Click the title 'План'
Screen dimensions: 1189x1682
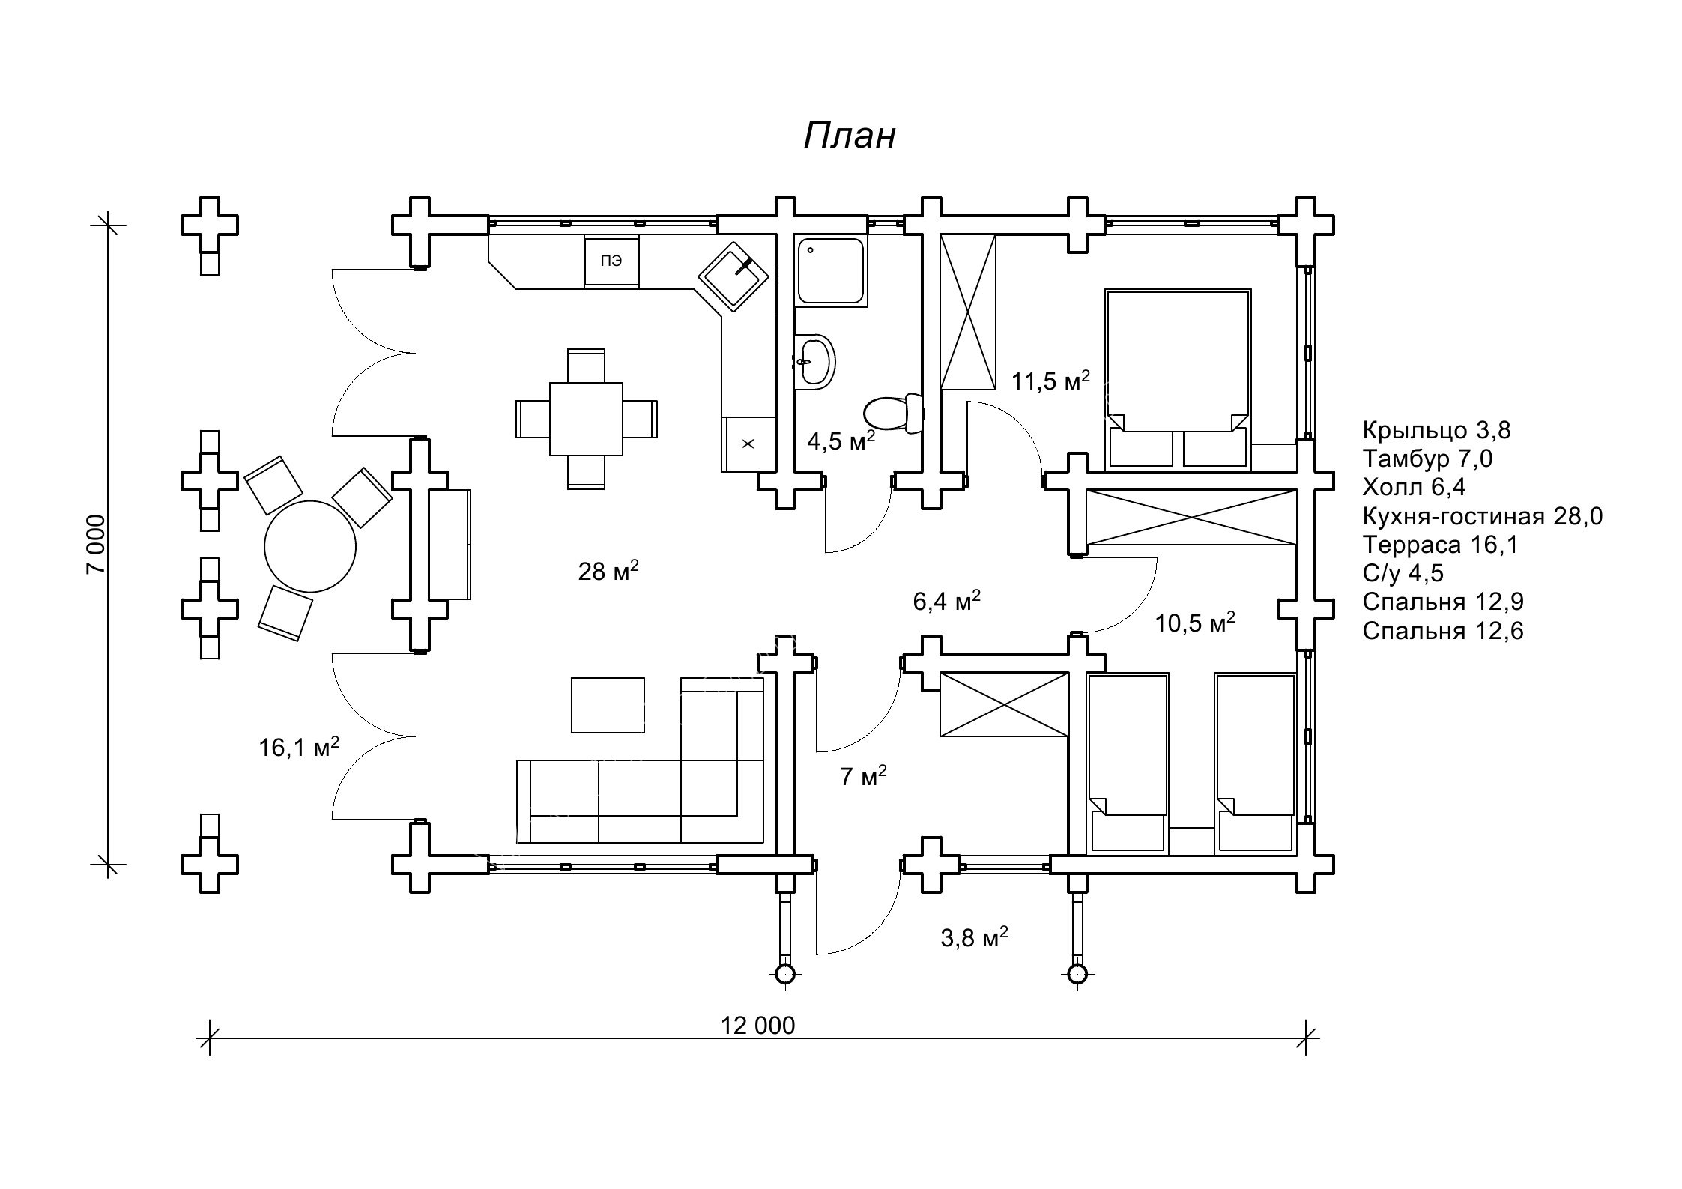click(x=850, y=136)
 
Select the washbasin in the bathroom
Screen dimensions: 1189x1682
click(x=814, y=362)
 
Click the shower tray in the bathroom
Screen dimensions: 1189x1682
click(x=831, y=270)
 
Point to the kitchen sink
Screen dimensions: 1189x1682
click(x=734, y=277)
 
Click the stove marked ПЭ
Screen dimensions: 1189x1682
click(x=611, y=261)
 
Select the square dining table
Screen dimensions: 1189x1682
click(x=586, y=419)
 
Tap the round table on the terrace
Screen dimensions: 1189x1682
click(x=309, y=546)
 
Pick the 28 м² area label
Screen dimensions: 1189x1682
click(x=608, y=572)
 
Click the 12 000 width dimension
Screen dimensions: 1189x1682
click(x=757, y=1026)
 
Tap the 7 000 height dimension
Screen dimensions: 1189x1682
click(x=97, y=545)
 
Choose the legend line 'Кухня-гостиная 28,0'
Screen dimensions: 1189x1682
click(x=1482, y=516)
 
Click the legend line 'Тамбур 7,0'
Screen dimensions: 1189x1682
click(x=1427, y=459)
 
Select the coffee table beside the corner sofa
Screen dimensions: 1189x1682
click(x=608, y=705)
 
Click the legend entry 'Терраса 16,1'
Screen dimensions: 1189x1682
click(x=1440, y=545)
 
